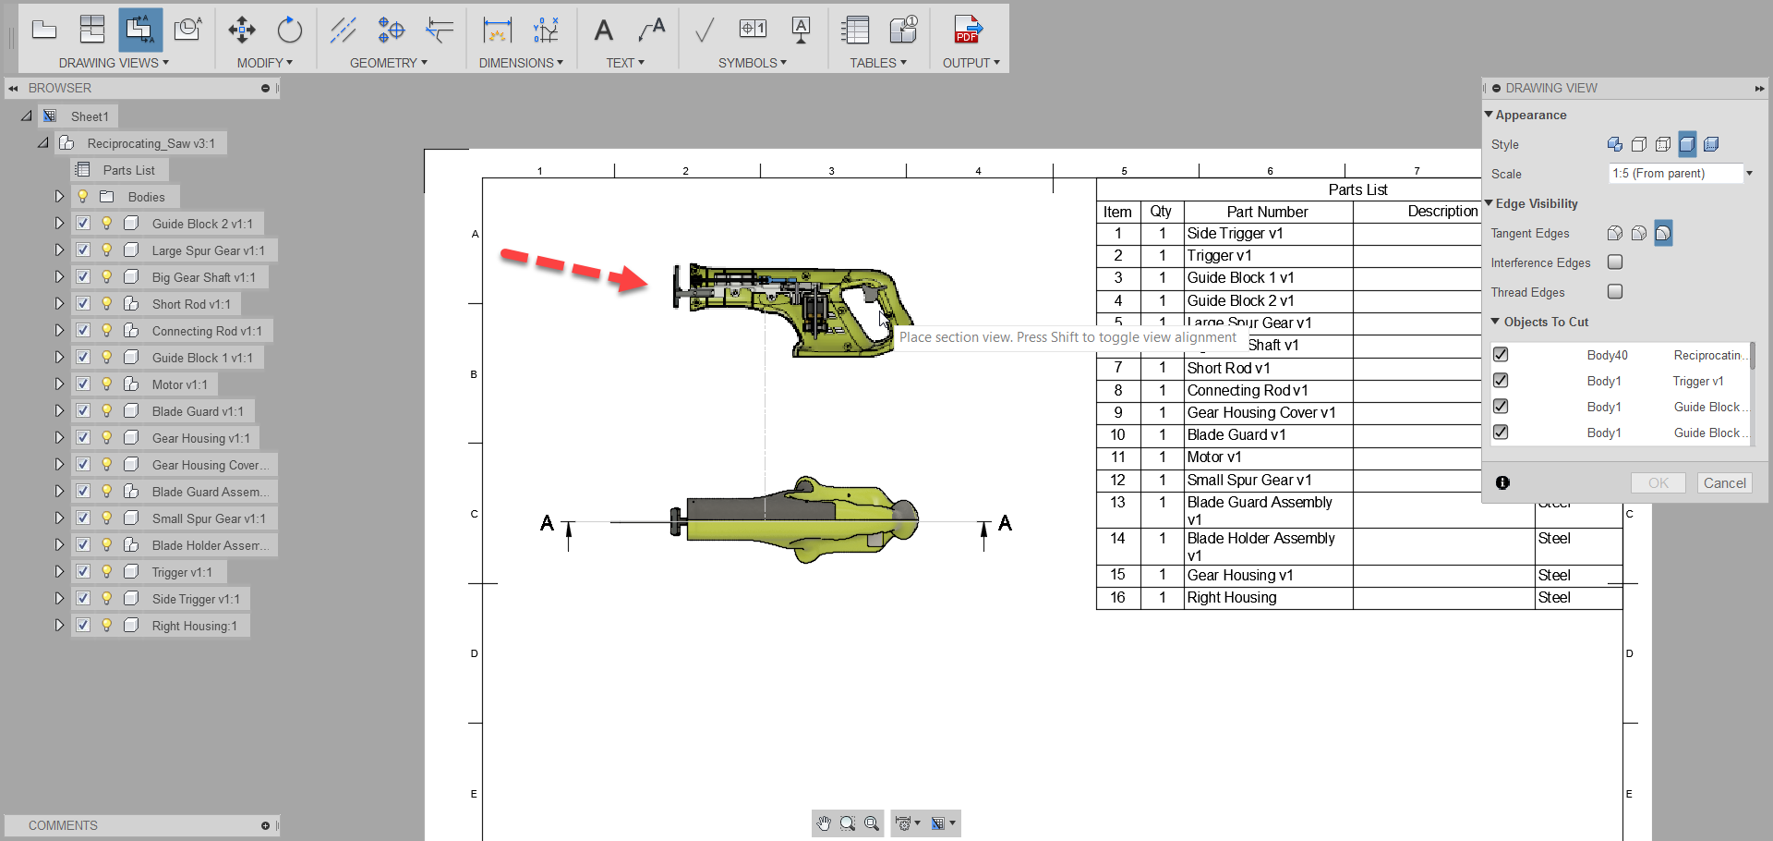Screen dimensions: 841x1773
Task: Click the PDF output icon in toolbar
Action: (x=967, y=30)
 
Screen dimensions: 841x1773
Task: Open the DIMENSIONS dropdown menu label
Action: (x=520, y=63)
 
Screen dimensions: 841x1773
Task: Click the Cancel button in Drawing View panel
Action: (x=1724, y=482)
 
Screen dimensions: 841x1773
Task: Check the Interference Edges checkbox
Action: (x=1615, y=262)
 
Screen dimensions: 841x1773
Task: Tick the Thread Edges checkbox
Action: (x=1615, y=292)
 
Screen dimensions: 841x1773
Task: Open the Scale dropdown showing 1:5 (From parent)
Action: (x=1680, y=174)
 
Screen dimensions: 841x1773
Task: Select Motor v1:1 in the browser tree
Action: (x=179, y=384)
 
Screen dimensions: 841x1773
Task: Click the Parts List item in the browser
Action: (x=128, y=170)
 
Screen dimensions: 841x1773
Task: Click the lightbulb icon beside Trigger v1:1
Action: (x=107, y=572)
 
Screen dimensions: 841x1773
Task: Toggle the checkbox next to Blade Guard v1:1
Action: (x=83, y=411)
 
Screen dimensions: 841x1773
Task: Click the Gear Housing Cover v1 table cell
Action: (x=1260, y=413)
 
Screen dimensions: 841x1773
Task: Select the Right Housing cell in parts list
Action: (x=1231, y=598)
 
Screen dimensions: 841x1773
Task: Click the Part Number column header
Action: (x=1267, y=212)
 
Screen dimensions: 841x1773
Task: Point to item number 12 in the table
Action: (x=1117, y=481)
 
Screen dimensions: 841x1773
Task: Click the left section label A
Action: (x=548, y=524)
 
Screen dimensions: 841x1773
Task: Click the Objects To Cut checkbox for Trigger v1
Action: (x=1501, y=381)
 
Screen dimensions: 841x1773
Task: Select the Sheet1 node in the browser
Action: (x=90, y=116)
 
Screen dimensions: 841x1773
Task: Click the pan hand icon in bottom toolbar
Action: (x=824, y=823)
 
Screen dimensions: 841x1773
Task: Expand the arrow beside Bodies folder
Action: (x=59, y=197)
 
